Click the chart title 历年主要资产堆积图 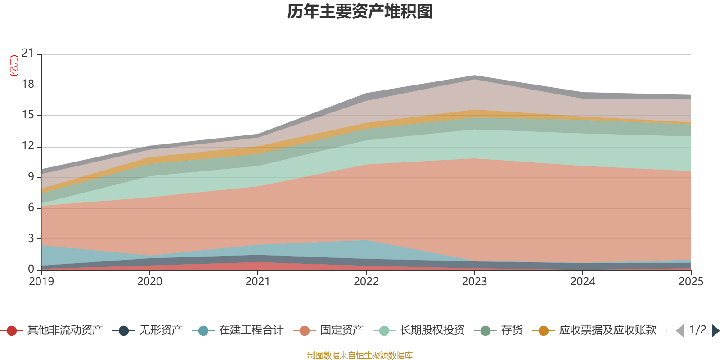tap(360, 12)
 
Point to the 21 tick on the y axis tap(27, 53)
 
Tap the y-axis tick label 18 tap(27, 84)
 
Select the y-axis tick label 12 tap(27, 146)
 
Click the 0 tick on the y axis tap(31, 269)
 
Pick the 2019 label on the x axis tap(41, 282)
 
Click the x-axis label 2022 tap(366, 282)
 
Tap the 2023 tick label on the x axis tap(474, 282)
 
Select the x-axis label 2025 tap(691, 282)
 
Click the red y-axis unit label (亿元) tap(14, 66)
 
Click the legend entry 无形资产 tap(148, 330)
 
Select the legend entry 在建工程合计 tap(238, 330)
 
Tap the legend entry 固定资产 tap(328, 330)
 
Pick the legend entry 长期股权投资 tap(419, 330)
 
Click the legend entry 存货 tap(499, 330)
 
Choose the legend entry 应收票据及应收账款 tap(594, 330)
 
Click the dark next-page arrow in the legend tap(715, 330)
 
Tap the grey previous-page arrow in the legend tap(680, 330)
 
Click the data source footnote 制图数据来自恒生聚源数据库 tap(360, 355)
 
